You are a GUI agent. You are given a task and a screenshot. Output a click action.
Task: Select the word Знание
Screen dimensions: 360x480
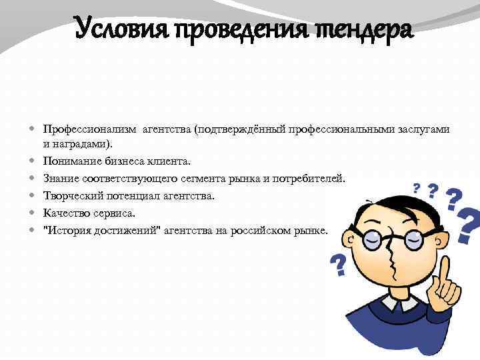pyautogui.click(x=61, y=178)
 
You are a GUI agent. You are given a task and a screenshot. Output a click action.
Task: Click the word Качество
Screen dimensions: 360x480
pyautogui.click(x=65, y=213)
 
